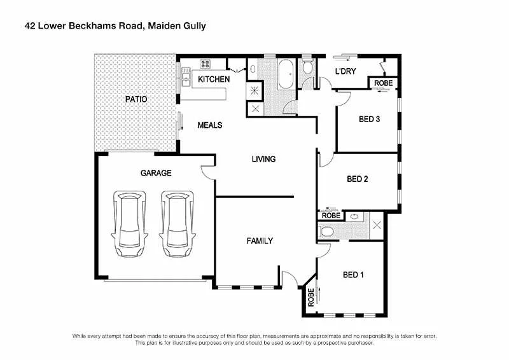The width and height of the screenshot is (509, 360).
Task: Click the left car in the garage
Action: (130, 224)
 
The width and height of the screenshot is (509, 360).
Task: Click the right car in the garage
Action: (177, 224)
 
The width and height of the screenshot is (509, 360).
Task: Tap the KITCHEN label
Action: (213, 80)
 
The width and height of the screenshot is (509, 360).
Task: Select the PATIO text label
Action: (136, 99)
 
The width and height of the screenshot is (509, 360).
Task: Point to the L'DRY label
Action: (345, 71)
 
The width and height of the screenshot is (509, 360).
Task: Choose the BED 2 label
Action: (357, 179)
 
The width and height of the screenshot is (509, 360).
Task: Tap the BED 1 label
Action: (353, 275)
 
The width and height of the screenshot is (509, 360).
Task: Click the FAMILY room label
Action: (260, 240)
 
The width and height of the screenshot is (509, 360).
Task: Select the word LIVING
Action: (263, 159)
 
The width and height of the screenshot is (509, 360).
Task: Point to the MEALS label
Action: (209, 125)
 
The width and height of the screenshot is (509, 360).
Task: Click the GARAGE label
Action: (155, 173)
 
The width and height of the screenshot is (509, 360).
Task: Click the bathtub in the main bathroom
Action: (286, 74)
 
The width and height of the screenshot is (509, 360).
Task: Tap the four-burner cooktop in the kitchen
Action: (206, 64)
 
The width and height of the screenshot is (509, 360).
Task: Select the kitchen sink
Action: (186, 79)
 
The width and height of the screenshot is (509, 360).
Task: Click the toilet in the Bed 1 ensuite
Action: (323, 230)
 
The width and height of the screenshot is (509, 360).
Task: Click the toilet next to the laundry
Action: (307, 68)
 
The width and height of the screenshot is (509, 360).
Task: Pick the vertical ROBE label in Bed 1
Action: (311, 298)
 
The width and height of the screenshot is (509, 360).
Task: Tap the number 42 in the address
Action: (29, 26)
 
